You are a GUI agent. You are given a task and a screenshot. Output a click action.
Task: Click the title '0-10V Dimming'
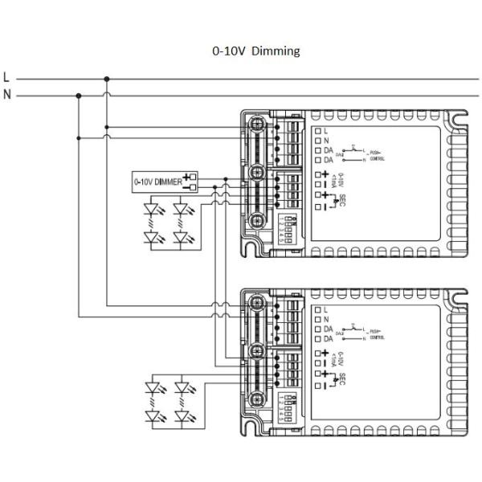[x=255, y=51]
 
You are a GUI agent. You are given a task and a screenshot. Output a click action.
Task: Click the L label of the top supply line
[x=6, y=79]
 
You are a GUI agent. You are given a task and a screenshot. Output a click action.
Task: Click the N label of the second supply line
[x=6, y=95]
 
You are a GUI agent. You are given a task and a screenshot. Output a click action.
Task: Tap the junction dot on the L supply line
[x=107, y=80]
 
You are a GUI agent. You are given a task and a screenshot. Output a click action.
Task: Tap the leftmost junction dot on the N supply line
[x=78, y=95]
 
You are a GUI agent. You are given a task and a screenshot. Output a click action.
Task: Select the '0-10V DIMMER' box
[x=159, y=182]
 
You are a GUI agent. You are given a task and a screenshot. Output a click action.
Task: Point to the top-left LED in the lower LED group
[x=153, y=388]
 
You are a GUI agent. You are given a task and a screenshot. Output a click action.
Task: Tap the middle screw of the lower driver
[x=257, y=349]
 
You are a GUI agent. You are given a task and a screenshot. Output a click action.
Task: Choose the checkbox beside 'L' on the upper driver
[x=318, y=130]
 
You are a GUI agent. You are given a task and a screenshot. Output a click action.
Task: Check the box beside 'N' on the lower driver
[x=318, y=319]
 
